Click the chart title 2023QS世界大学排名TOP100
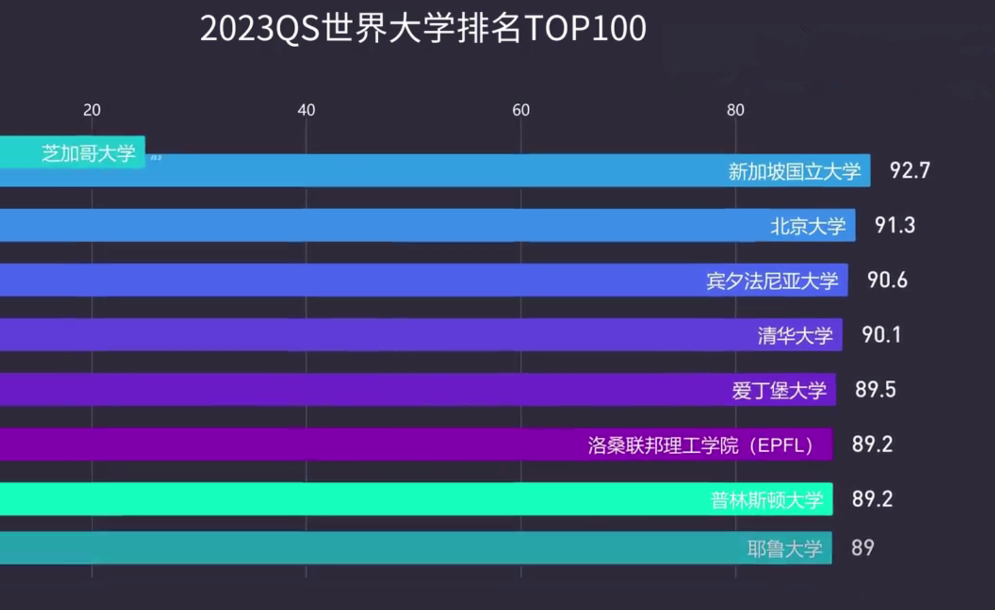(423, 28)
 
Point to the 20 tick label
(92, 110)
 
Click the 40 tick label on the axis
(306, 110)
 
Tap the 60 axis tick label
(521, 110)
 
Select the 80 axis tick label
(735, 110)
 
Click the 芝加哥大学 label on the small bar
(89, 153)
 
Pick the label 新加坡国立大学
(794, 171)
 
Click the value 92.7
(909, 170)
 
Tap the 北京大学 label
(808, 226)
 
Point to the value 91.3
(894, 225)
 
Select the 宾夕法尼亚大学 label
(772, 280)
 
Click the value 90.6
(887, 280)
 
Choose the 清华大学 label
(795, 335)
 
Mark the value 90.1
(881, 334)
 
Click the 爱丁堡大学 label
(779, 390)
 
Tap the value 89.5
(875, 389)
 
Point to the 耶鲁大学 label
(785, 548)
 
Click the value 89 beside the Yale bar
(862, 548)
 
